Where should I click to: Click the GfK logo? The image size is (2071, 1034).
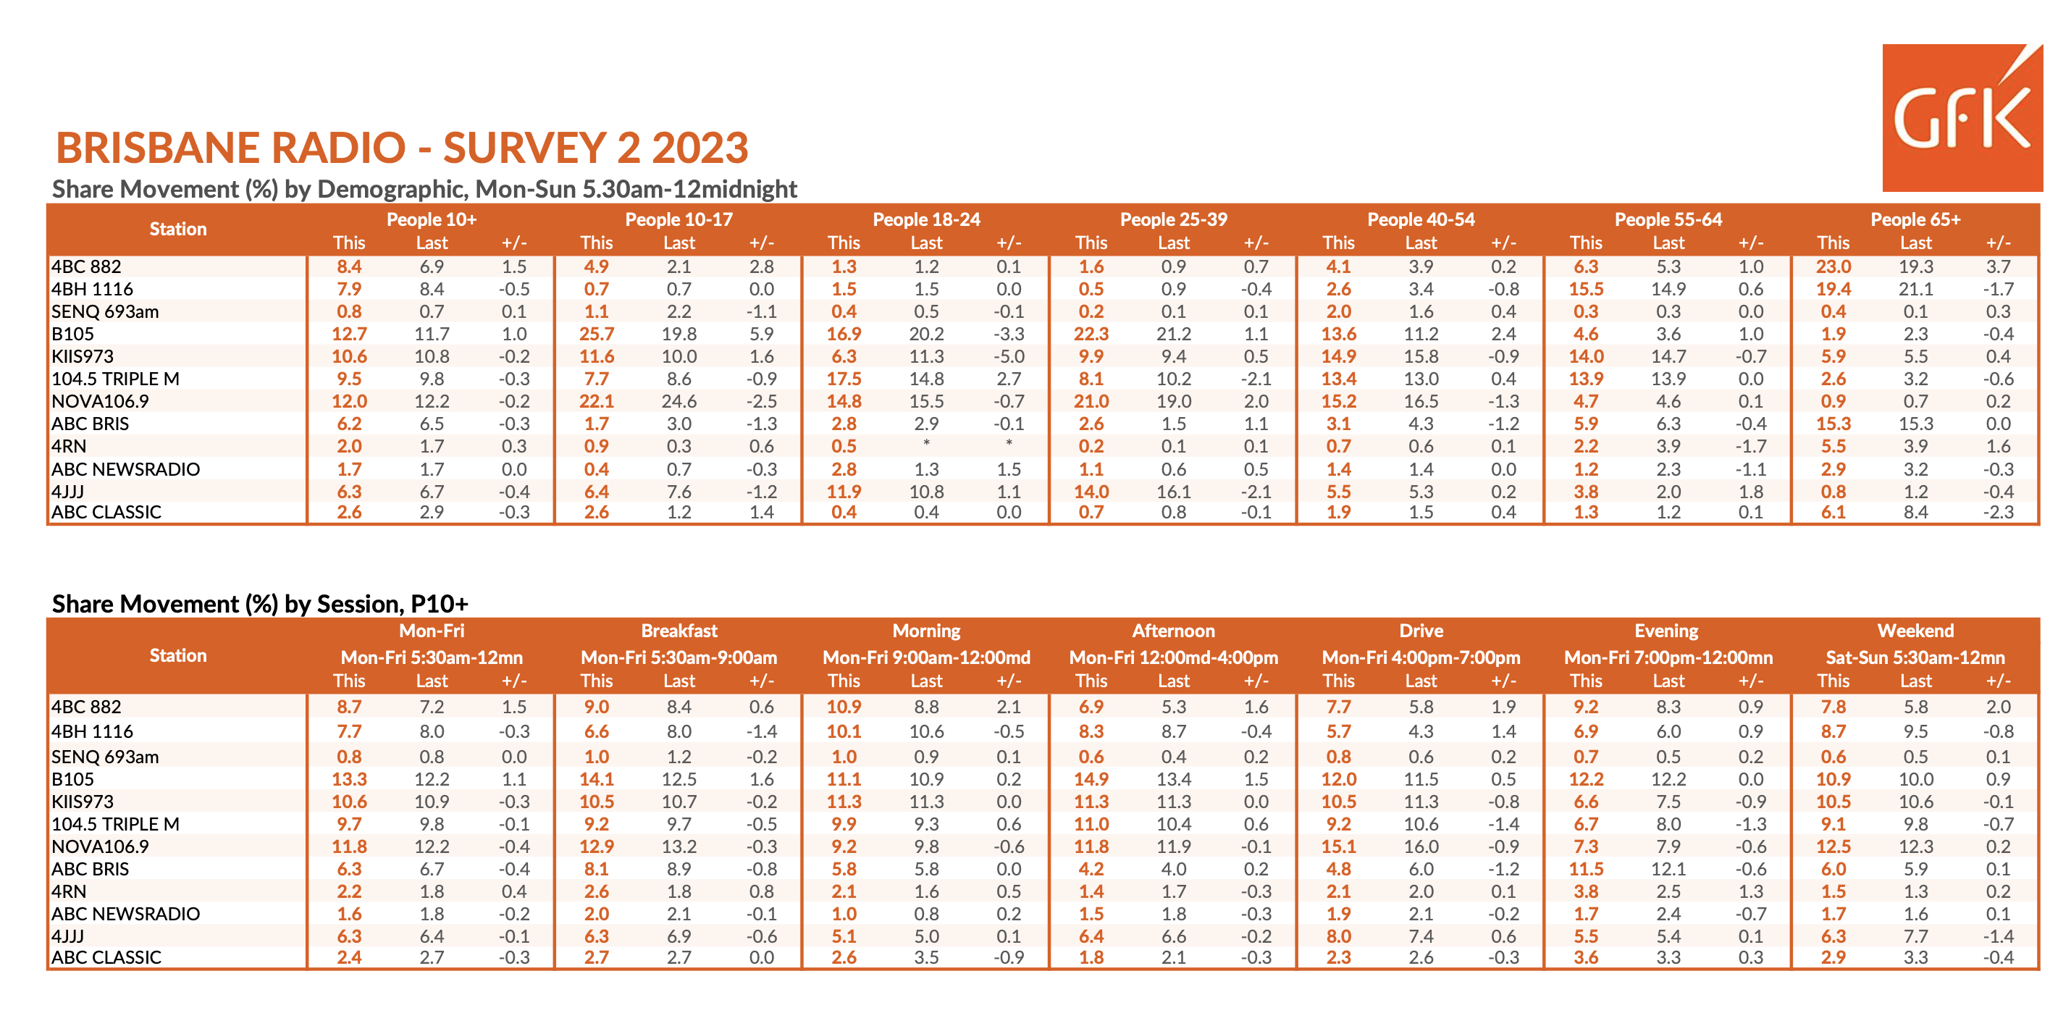coord(1962,117)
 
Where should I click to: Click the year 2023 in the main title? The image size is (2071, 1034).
coord(700,148)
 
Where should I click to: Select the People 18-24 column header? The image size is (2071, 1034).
coord(926,219)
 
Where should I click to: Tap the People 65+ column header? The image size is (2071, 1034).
coord(1915,219)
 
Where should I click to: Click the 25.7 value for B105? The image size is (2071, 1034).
coord(597,334)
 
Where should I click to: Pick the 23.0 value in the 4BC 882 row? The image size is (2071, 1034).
coord(1833,266)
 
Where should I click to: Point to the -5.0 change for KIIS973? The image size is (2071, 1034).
coord(1008,356)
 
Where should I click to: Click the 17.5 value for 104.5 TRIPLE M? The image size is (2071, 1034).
coord(844,379)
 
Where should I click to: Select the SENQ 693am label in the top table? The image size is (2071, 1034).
coord(105,311)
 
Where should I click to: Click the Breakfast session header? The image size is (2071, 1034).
coord(679,631)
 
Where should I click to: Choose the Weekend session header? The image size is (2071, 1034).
coord(1915,631)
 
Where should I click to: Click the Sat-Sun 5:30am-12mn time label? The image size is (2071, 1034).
coord(1915,657)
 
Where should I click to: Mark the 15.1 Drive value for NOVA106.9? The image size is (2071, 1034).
coord(1339,846)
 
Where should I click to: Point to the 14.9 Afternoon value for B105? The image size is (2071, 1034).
coord(1091,778)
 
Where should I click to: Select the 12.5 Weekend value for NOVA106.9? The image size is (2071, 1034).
coord(1833,846)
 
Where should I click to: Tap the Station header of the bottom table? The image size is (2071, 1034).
coord(177,655)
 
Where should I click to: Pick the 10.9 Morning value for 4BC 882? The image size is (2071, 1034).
coord(844,706)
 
